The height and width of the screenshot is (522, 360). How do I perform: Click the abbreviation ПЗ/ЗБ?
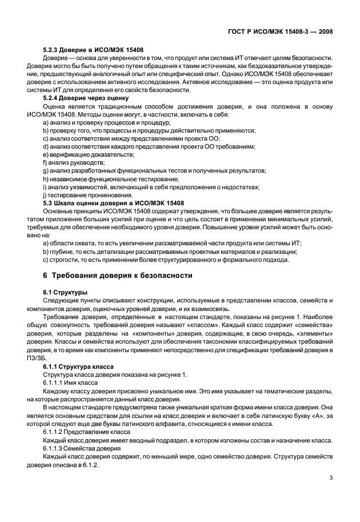(53, 350)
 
